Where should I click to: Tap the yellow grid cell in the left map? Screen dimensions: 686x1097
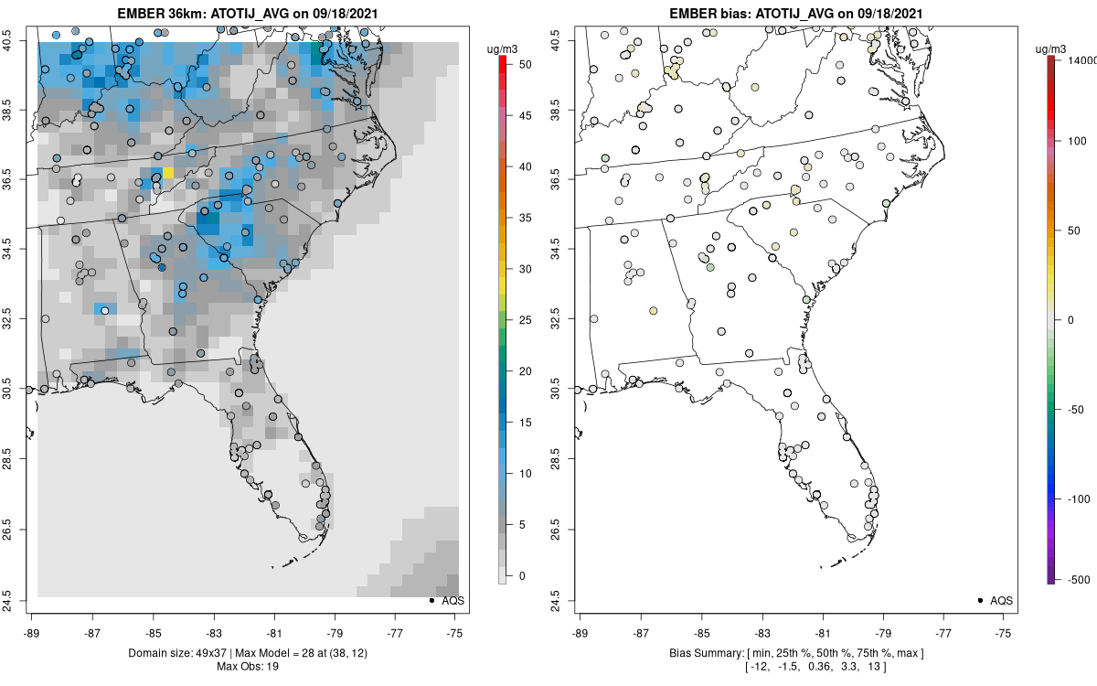[x=168, y=172]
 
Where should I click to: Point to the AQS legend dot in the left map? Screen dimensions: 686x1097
[x=431, y=600]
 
